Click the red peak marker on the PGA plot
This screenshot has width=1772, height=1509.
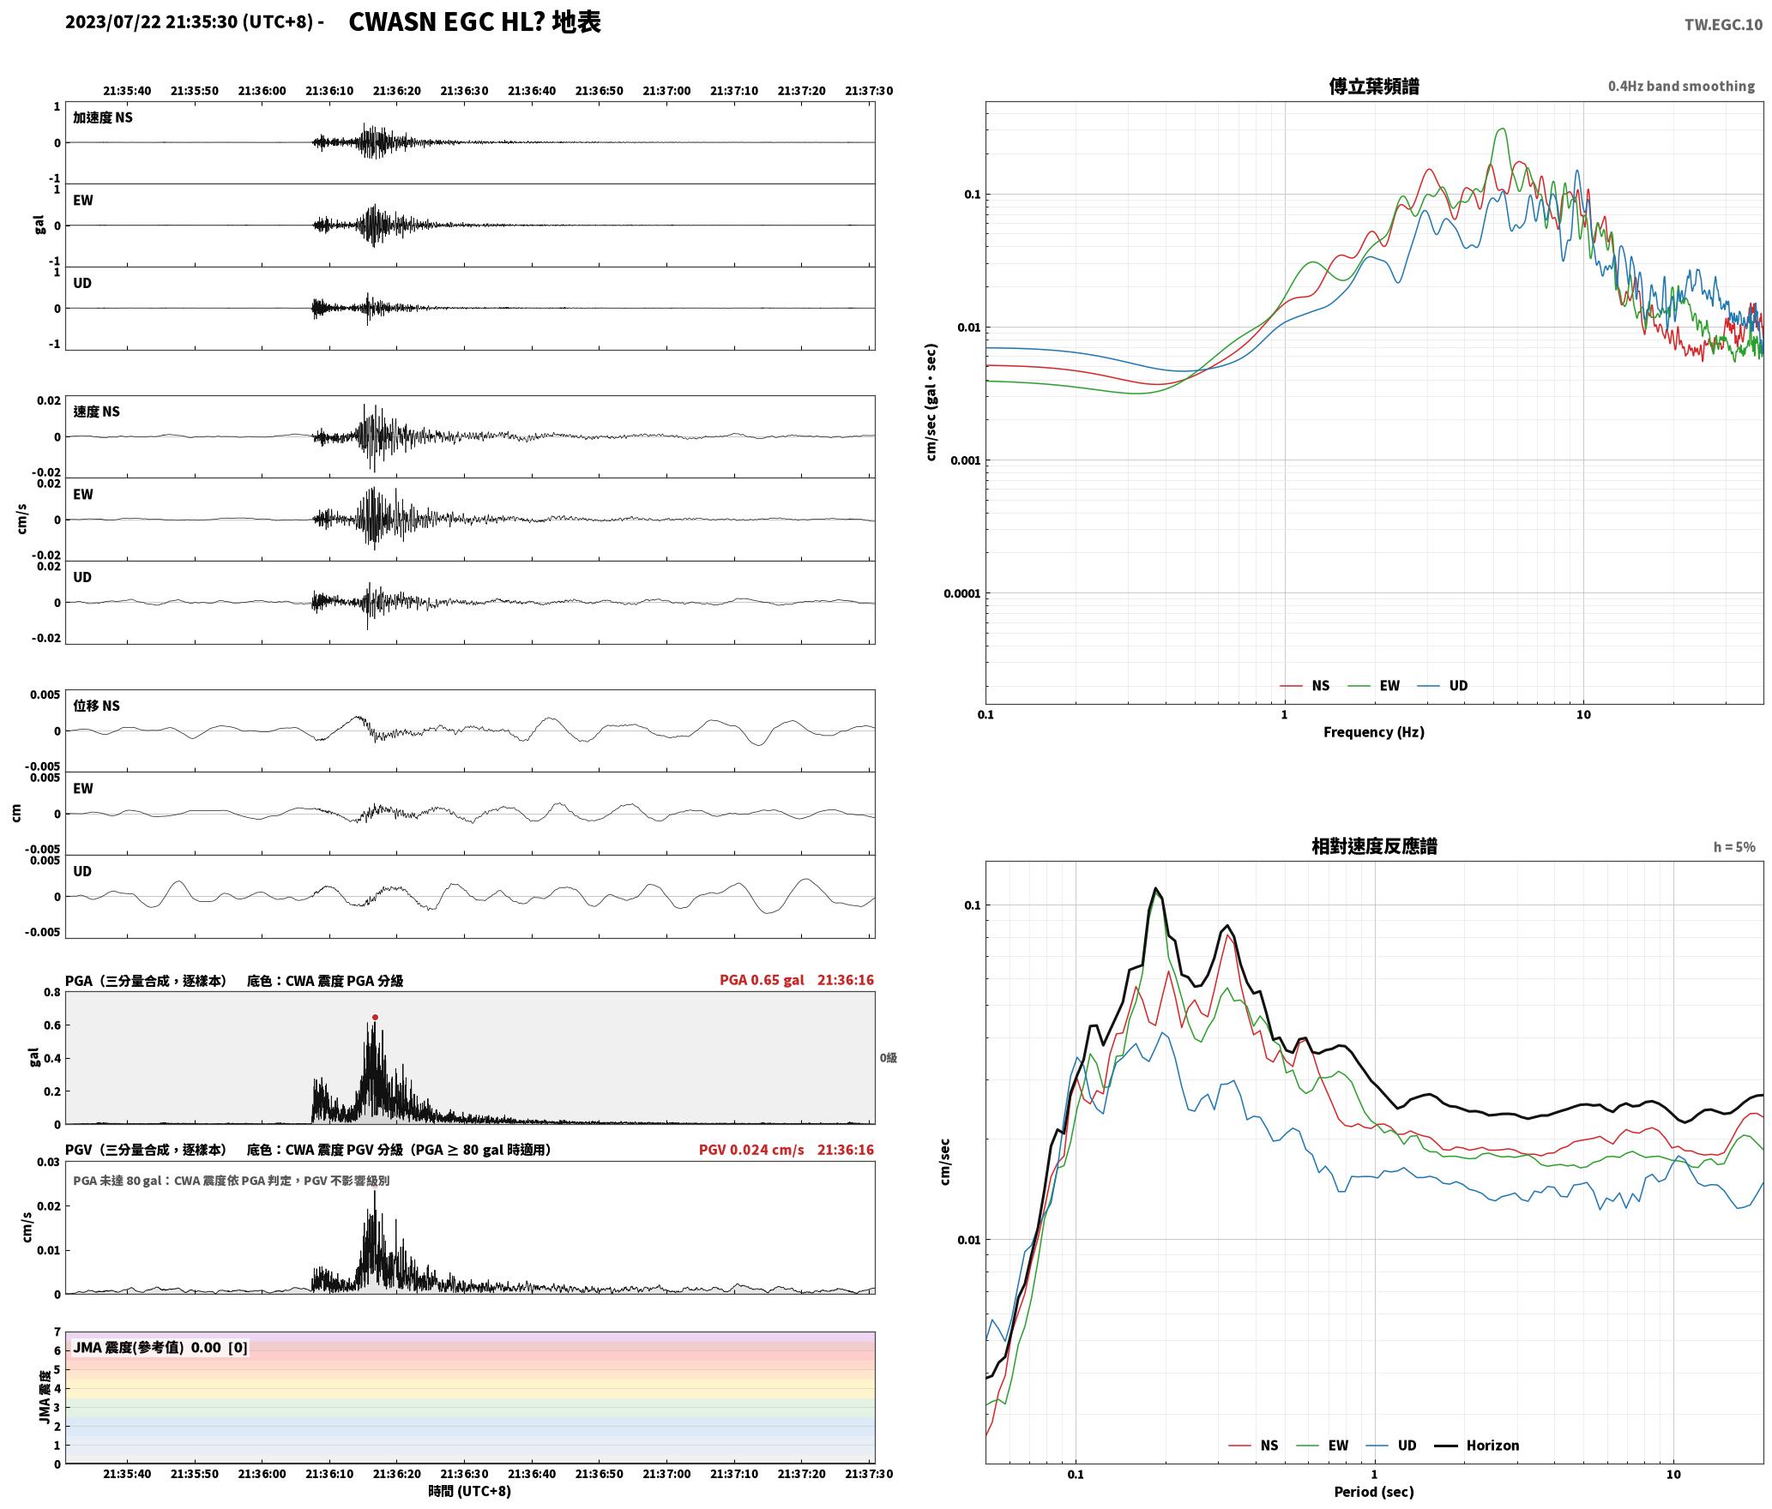(375, 1017)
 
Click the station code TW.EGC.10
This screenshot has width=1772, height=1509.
(1723, 24)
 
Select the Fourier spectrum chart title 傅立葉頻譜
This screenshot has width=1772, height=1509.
(1373, 86)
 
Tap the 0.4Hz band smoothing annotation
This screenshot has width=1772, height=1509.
(1681, 86)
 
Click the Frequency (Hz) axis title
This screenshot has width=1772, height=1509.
(1373, 731)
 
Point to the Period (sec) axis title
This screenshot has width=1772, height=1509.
(1373, 1492)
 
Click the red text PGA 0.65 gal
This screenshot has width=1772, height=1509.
(762, 980)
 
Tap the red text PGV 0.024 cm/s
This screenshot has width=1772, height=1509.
(751, 1150)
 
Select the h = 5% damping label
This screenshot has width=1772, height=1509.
(1734, 847)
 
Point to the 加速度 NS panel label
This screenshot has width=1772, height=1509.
(103, 117)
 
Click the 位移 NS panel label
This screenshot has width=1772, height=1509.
(96, 706)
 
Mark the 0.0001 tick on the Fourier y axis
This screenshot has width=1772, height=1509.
(961, 593)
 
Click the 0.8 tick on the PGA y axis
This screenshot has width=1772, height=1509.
(51, 993)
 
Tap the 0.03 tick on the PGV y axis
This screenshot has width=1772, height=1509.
(48, 1163)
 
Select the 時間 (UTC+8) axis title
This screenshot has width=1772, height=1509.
(469, 1491)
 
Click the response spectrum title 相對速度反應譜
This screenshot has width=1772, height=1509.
(1374, 846)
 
